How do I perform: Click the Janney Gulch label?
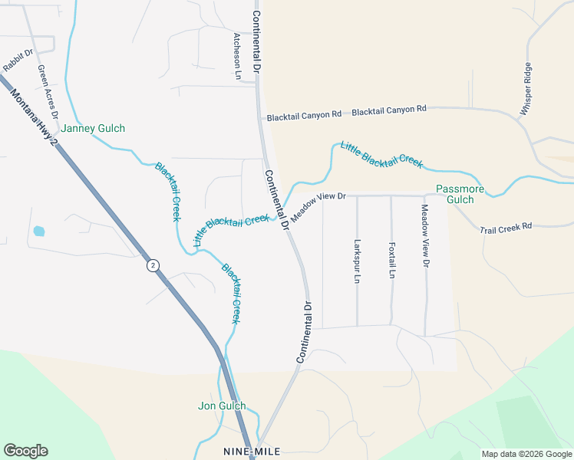tap(93, 129)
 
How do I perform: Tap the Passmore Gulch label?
tap(460, 194)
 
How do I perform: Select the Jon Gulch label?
tap(222, 406)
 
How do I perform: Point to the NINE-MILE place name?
tap(252, 451)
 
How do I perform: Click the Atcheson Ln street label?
tap(238, 56)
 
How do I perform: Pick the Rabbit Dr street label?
tap(18, 61)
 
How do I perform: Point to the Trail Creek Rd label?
tap(506, 228)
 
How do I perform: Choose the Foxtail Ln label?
tap(391, 261)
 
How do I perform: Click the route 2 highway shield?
tap(153, 265)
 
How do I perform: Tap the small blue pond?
tap(38, 230)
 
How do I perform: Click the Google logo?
tap(25, 451)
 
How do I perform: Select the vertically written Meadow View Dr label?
tap(425, 236)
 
